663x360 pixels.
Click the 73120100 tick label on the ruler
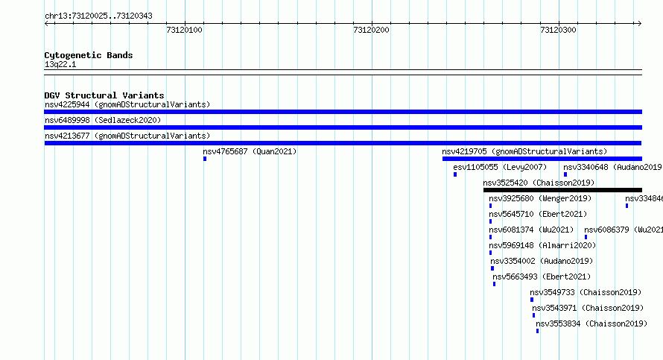pyautogui.click(x=184, y=30)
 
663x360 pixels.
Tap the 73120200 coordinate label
pyautogui.click(x=371, y=30)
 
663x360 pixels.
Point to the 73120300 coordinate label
pyautogui.click(x=558, y=30)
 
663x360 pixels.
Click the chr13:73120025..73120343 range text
pyautogui.click(x=98, y=16)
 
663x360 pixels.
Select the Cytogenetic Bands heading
pyautogui.click(x=89, y=55)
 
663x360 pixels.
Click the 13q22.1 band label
pyautogui.click(x=60, y=64)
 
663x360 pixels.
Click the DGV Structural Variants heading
pyautogui.click(x=104, y=95)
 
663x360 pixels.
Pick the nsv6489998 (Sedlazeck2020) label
pyautogui.click(x=103, y=120)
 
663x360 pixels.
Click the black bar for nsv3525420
pyautogui.click(x=562, y=190)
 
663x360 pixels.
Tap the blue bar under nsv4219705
pyautogui.click(x=542, y=159)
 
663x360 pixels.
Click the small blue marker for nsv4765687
pyautogui.click(x=205, y=159)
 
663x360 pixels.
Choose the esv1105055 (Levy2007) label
pyautogui.click(x=500, y=167)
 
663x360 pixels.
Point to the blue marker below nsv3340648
pyautogui.click(x=565, y=174)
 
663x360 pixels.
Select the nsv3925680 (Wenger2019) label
pyautogui.click(x=540, y=198)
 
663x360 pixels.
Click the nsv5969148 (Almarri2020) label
pyautogui.click(x=542, y=245)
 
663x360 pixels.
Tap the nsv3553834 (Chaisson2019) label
pyautogui.click(x=591, y=323)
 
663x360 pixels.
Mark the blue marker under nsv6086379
pyautogui.click(x=586, y=237)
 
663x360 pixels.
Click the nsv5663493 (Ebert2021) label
pyautogui.click(x=542, y=277)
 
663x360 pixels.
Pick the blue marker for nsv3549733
pyautogui.click(x=531, y=300)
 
